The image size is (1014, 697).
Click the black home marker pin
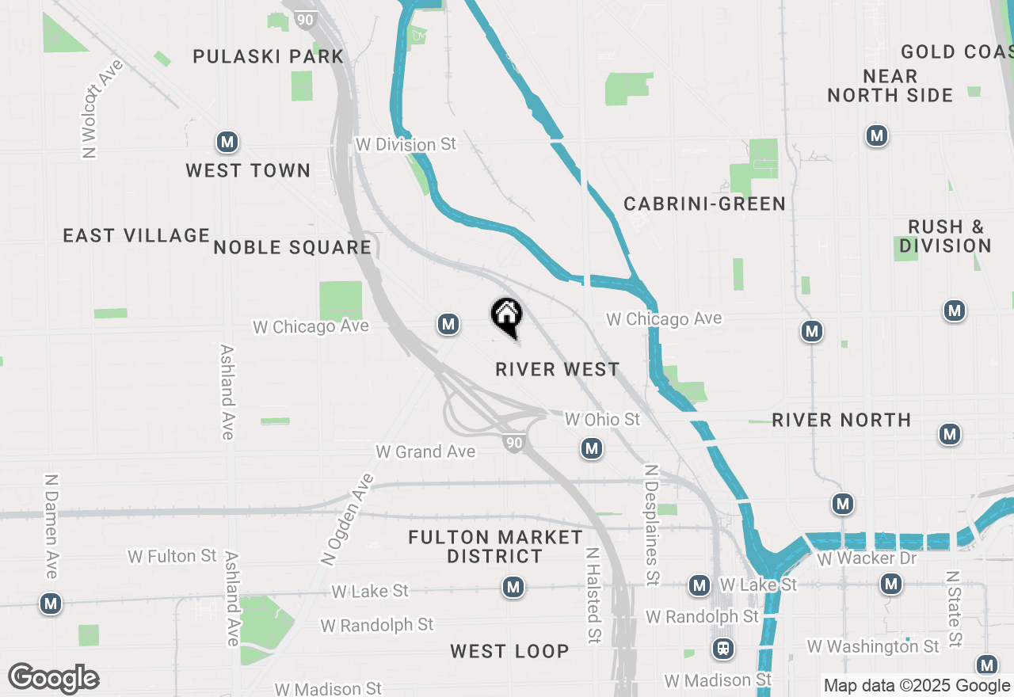[x=506, y=317]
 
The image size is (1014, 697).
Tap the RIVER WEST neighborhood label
[x=557, y=369]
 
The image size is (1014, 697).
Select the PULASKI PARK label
[x=269, y=56]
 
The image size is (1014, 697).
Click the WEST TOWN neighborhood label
[x=248, y=170]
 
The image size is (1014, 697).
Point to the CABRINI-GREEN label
[x=704, y=204]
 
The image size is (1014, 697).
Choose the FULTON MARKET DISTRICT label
[x=495, y=547]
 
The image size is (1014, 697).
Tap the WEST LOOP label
[x=509, y=651]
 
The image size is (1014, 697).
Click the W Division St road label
[x=406, y=144]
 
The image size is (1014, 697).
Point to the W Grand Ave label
[x=425, y=451]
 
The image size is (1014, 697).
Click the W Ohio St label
[x=602, y=419]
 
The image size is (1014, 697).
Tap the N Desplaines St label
[x=652, y=525]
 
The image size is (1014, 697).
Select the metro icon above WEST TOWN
[x=227, y=143]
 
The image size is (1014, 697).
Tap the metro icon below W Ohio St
[x=591, y=449]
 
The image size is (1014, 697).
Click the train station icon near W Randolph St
[x=722, y=649]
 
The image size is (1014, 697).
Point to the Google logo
[x=53, y=678]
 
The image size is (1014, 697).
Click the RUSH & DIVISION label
[x=945, y=236]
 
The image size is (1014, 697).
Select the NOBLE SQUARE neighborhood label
[x=292, y=247]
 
